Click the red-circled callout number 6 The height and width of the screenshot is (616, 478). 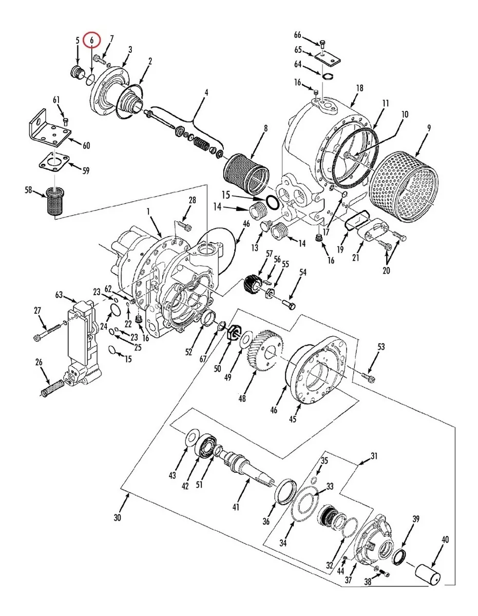click(x=92, y=41)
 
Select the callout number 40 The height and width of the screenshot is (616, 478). click(x=445, y=539)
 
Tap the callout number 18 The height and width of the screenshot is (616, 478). click(x=359, y=88)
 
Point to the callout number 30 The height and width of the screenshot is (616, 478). click(x=118, y=517)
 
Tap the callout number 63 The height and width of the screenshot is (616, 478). click(x=59, y=295)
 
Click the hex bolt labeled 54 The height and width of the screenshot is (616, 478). click(x=289, y=305)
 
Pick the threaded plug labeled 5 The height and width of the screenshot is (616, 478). click(x=77, y=72)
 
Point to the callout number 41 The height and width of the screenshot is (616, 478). click(x=236, y=507)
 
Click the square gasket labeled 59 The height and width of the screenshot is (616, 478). click(x=55, y=163)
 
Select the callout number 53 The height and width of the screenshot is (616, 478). click(x=381, y=346)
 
